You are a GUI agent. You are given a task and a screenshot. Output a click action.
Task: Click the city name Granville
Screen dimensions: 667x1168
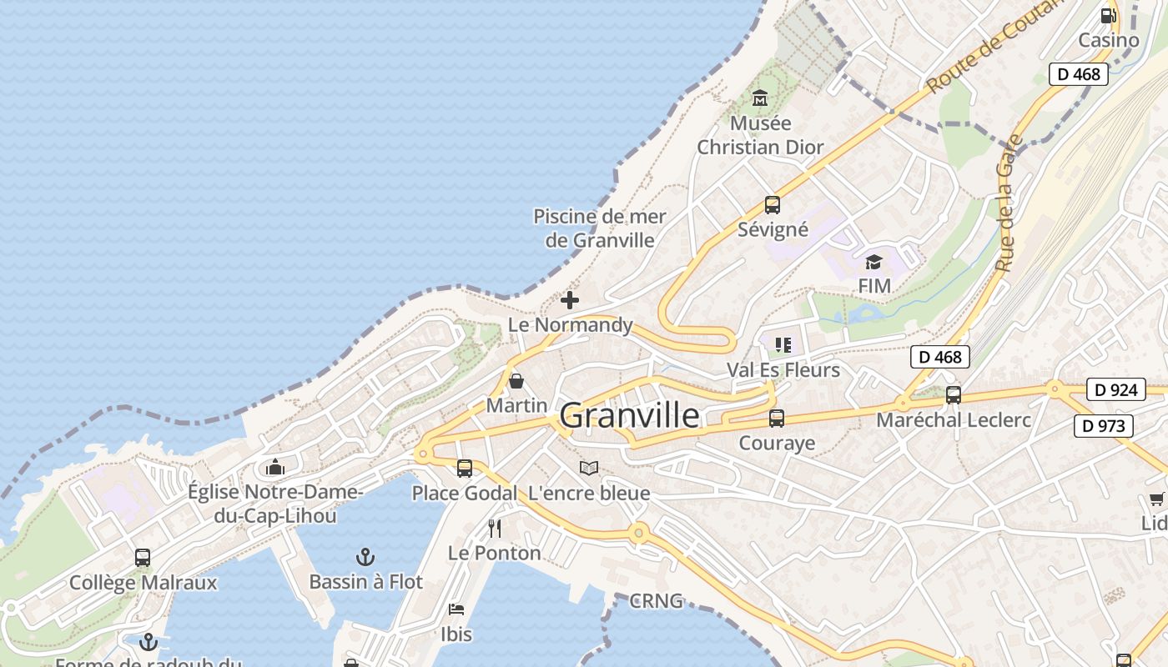[629, 415]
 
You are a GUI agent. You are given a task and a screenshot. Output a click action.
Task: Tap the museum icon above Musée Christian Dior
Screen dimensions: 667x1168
[760, 98]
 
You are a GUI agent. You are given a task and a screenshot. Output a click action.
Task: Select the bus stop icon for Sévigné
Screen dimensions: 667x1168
[773, 205]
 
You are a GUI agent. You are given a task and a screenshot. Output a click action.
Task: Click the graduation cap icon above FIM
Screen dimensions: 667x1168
[873, 263]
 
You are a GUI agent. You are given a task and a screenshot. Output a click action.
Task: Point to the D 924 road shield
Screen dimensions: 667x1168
[1115, 389]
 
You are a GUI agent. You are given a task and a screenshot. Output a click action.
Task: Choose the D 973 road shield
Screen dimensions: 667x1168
[1103, 426]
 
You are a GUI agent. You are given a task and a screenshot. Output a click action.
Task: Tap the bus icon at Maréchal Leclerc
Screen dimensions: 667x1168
[954, 395]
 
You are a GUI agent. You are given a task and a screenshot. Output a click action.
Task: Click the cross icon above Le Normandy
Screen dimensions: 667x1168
[570, 300]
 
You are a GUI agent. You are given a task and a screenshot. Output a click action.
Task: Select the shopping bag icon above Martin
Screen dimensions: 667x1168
[516, 381]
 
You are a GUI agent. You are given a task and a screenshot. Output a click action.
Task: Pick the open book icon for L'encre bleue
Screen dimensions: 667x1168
[589, 469]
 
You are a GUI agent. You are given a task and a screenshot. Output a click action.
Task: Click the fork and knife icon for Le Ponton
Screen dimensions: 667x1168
[495, 528]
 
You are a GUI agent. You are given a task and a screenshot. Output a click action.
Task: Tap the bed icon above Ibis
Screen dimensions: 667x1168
[456, 609]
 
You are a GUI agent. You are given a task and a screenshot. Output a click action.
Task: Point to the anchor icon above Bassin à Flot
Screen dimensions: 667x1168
[365, 557]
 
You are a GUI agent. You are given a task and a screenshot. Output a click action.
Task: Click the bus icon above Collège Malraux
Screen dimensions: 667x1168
[143, 558]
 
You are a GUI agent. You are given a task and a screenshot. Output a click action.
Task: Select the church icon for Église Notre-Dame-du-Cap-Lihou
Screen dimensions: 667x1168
[275, 467]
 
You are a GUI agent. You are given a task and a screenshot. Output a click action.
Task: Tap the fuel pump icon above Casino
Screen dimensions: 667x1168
[1108, 15]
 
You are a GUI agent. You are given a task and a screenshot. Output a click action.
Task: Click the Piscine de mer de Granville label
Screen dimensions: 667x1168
[600, 228]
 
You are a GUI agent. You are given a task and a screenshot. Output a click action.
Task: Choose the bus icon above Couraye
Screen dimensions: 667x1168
[777, 419]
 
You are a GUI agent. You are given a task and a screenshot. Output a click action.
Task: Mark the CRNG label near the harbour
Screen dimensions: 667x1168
[657, 600]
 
